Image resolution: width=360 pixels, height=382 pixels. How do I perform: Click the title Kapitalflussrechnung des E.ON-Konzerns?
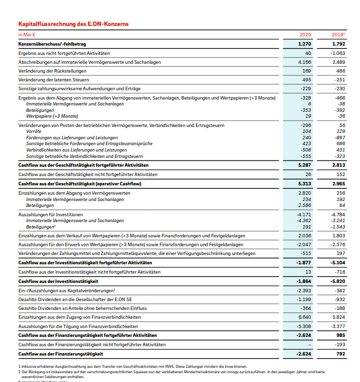[x=73, y=24]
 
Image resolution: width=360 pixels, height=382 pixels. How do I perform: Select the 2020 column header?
[x=305, y=35]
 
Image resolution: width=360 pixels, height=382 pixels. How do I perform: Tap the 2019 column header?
[x=338, y=35]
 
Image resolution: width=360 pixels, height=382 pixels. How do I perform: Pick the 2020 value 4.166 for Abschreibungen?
[x=305, y=62]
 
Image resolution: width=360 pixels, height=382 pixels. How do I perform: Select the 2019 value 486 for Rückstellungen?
[x=340, y=71]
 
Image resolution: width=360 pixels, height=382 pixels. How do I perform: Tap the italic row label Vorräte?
[x=34, y=131]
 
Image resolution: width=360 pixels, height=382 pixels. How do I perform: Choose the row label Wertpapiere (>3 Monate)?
[x=52, y=116]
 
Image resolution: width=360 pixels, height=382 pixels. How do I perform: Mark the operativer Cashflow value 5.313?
[x=304, y=183]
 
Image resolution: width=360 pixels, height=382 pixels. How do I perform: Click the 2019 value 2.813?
[x=338, y=165]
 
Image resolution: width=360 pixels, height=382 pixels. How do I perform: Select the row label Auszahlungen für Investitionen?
[x=50, y=215]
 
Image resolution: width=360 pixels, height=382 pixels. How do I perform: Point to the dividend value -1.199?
[x=304, y=299]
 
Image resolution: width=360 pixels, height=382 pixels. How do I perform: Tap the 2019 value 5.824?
[x=338, y=317]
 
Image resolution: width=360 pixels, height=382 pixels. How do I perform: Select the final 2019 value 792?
[x=341, y=354]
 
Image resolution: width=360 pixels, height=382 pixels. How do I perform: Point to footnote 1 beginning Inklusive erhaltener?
[x=132, y=366]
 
